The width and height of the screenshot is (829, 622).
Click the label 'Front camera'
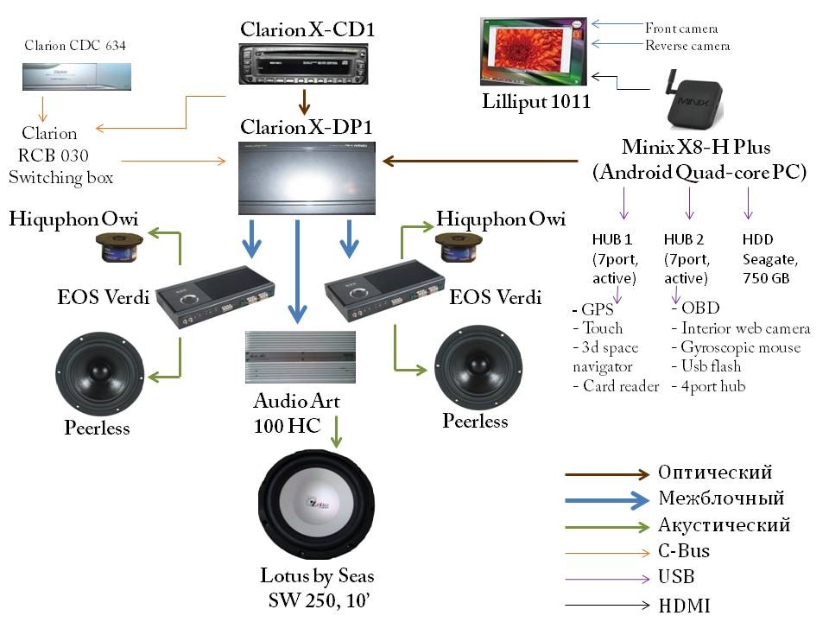point(681,29)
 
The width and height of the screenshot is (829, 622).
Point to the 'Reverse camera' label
point(688,45)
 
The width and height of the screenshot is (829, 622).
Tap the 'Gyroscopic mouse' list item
point(740,347)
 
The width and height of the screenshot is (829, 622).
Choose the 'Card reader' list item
point(615,386)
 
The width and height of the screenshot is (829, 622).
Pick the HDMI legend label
point(684,606)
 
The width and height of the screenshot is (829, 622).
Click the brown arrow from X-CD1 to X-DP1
point(304,102)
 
